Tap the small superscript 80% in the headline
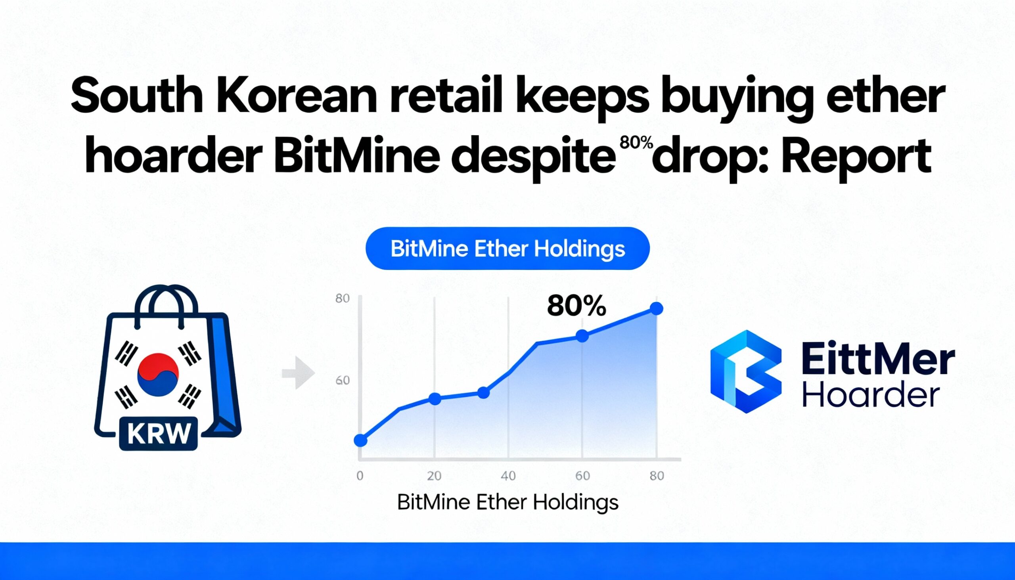click(x=637, y=143)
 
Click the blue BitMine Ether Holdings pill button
click(x=507, y=249)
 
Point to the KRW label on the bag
click(x=158, y=433)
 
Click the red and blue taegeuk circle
click(x=158, y=374)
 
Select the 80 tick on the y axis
click(x=343, y=299)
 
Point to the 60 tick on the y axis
click(x=343, y=381)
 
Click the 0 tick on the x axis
click(x=360, y=476)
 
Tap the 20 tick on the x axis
click(x=434, y=476)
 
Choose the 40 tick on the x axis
click(x=508, y=476)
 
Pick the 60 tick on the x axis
click(x=582, y=476)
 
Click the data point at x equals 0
click(x=360, y=440)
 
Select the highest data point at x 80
click(x=657, y=308)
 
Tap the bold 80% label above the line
click(x=576, y=307)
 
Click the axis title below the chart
click(x=508, y=502)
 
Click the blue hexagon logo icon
click(x=746, y=371)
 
